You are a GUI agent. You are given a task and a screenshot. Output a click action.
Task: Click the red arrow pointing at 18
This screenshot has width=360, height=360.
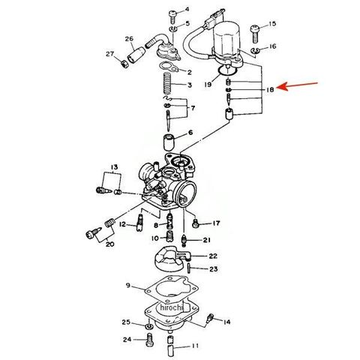[x=298, y=85]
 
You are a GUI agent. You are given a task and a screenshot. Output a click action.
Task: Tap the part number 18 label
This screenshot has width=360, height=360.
[x=270, y=89]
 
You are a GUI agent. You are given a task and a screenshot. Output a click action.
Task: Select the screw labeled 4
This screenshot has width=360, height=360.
[x=173, y=16]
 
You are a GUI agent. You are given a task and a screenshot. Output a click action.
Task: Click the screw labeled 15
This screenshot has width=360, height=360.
[x=255, y=34]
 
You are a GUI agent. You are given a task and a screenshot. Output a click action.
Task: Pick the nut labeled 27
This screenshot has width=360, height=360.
[x=124, y=64]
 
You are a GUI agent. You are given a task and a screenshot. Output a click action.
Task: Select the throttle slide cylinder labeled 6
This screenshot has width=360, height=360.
[x=169, y=142]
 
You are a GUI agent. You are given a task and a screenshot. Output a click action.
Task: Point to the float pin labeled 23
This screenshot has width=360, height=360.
[x=189, y=268]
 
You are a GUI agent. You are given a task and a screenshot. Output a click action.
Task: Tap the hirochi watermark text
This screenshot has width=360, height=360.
[x=172, y=307]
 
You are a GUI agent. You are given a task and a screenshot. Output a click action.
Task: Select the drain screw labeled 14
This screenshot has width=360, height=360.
[x=210, y=318]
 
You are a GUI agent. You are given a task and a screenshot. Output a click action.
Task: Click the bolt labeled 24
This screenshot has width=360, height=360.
[x=149, y=339]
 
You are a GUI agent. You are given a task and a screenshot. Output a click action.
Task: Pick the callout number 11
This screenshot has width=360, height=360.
[x=195, y=346]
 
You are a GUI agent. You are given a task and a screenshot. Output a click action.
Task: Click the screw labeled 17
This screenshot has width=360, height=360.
[x=196, y=223]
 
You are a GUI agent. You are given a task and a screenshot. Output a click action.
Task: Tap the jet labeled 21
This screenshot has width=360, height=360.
[x=184, y=240]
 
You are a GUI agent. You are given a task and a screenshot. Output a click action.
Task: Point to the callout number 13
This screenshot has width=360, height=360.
[x=114, y=166]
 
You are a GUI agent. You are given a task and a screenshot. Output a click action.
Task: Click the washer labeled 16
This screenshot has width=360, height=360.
[x=255, y=50]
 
